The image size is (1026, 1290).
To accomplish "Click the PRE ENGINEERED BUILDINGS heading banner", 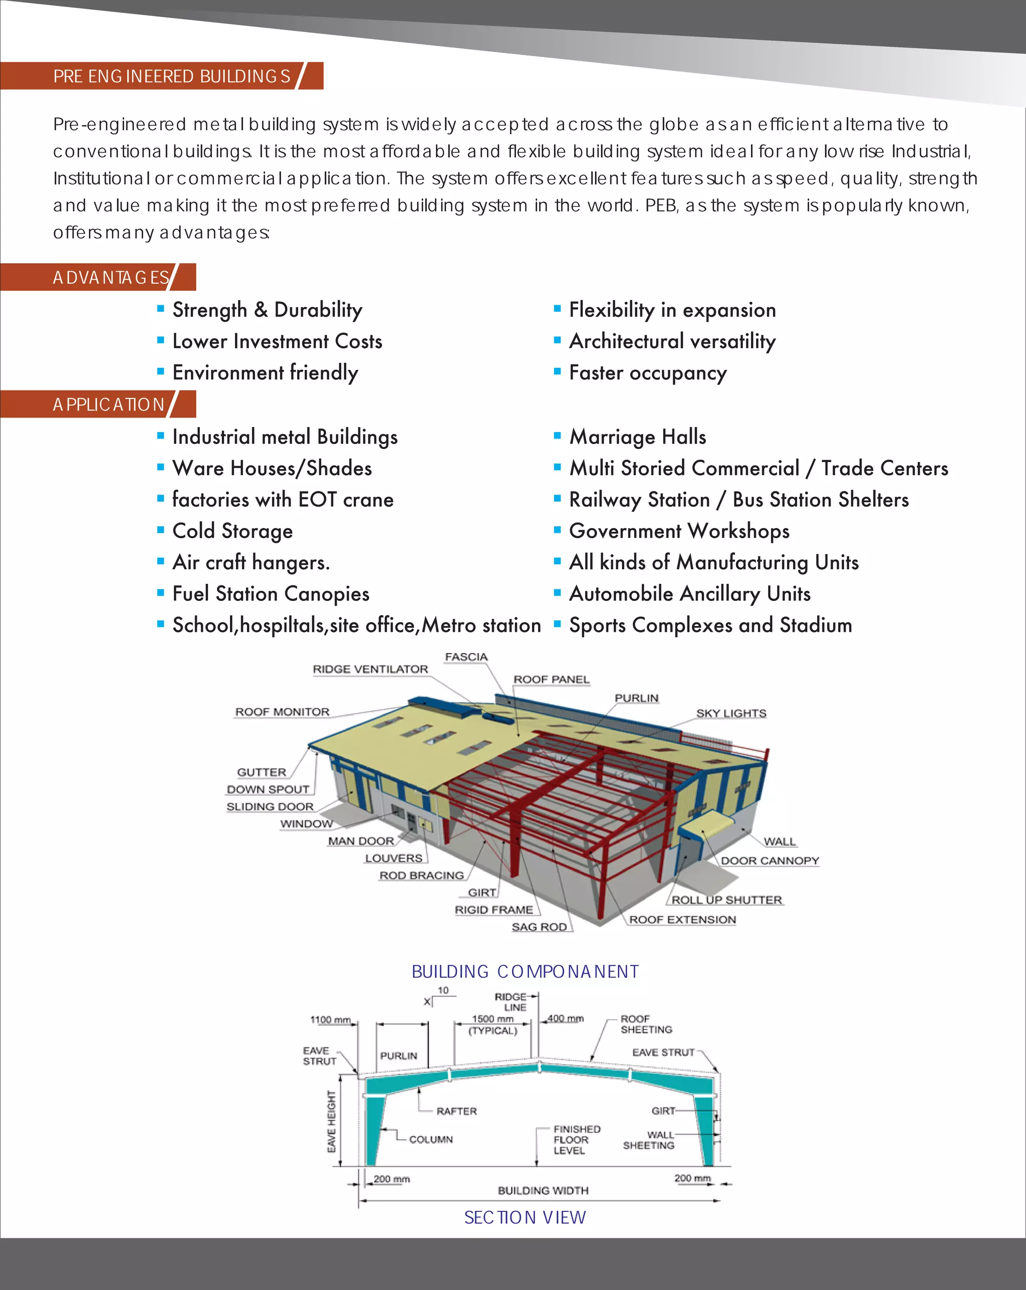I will click(x=172, y=76).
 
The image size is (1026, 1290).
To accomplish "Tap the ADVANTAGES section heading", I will click(x=111, y=278).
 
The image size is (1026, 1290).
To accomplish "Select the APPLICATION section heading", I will click(x=109, y=405).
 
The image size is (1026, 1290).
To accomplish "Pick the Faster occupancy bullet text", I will click(x=648, y=373).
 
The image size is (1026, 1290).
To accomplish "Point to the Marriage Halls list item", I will click(x=638, y=437).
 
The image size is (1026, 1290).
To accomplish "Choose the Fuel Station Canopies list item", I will click(x=271, y=594).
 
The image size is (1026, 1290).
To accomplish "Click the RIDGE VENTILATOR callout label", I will click(x=370, y=669).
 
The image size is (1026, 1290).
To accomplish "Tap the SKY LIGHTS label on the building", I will click(x=731, y=713).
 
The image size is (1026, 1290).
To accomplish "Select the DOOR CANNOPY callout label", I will click(x=769, y=861).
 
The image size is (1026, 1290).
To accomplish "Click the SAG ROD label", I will click(x=539, y=927).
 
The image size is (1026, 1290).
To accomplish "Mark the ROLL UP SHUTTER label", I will click(x=726, y=900).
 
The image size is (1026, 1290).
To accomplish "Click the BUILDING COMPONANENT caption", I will click(x=525, y=971).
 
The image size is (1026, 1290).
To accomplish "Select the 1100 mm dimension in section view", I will click(x=330, y=1019).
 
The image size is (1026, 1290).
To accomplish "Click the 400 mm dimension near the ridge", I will click(x=565, y=1018).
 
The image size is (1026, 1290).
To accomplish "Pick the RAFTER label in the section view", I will click(x=456, y=1111).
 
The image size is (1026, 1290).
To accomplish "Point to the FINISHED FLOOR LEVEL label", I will click(x=576, y=1139).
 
